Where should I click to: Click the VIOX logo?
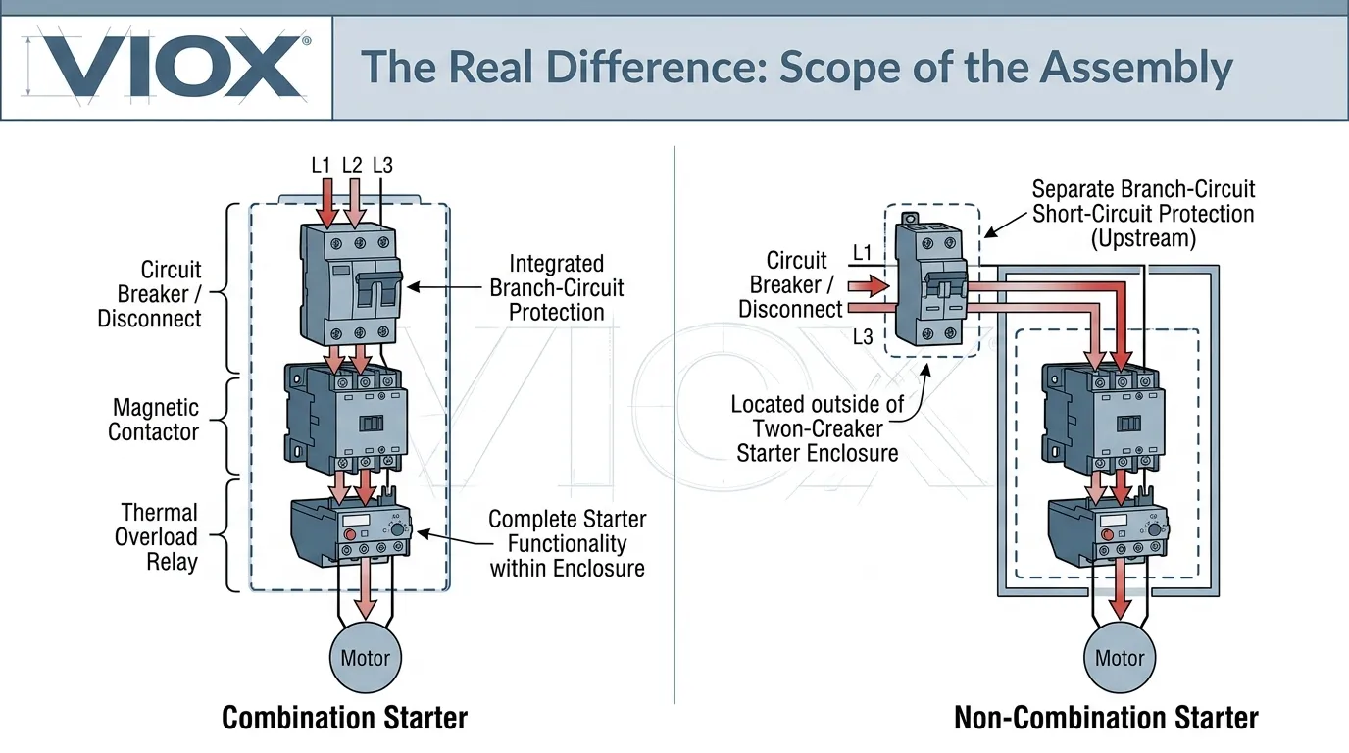coord(165,68)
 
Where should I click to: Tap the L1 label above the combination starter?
coord(321,165)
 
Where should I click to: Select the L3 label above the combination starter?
coord(382,165)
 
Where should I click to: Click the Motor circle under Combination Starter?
coord(365,658)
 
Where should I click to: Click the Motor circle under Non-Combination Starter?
coord(1120,658)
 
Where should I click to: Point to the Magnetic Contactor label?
coord(154,420)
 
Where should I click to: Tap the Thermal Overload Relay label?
coord(157,537)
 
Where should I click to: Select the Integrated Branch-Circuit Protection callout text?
coord(556,288)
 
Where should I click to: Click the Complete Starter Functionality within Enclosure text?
coord(567,542)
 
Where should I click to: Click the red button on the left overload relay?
coord(349,536)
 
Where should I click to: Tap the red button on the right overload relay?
coord(1107,534)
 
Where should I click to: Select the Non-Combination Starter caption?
coord(1106,718)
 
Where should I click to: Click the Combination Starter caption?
coord(344,718)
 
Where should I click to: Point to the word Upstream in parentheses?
coord(1143,238)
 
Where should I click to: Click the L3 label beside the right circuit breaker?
coord(862,336)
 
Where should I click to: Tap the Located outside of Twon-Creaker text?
coord(818,416)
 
